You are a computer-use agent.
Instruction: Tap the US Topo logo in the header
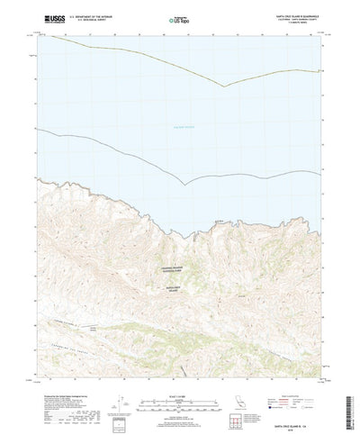[179, 18]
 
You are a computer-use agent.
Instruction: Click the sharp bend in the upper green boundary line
[225, 86]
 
